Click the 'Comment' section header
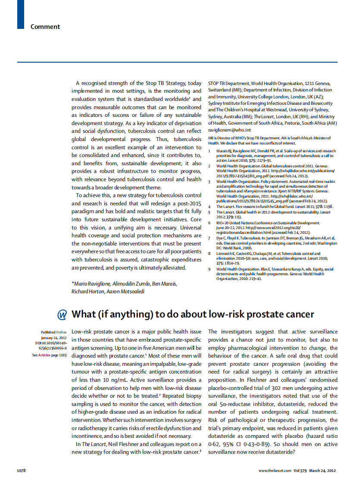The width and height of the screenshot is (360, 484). click(x=45, y=27)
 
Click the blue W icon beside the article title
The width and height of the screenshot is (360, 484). click(x=63, y=314)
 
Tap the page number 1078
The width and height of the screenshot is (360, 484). click(x=22, y=471)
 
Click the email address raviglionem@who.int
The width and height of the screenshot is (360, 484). click(x=229, y=130)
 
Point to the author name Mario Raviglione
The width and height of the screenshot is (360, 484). click(x=92, y=283)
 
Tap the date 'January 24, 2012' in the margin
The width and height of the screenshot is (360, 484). click(x=54, y=338)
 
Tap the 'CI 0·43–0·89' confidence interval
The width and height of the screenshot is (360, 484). click(x=247, y=444)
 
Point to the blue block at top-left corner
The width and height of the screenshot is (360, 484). click(x=20, y=14)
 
